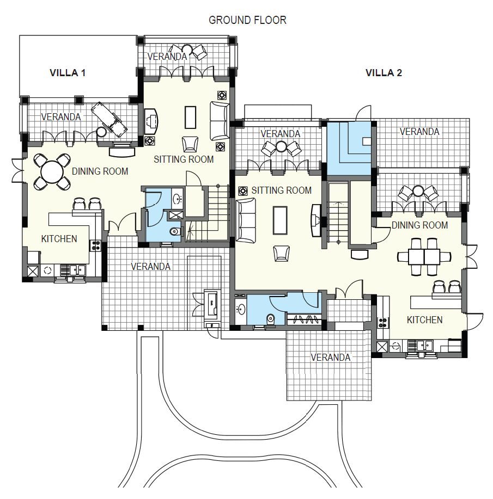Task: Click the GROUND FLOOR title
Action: (x=247, y=20)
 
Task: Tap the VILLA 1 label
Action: (x=68, y=73)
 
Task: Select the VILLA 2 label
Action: (x=384, y=73)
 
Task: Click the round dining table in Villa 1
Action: (x=52, y=172)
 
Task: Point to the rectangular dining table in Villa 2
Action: (x=424, y=256)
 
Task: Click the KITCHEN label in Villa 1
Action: (x=59, y=239)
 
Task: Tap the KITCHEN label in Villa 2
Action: (x=424, y=320)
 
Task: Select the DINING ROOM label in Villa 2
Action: (x=419, y=225)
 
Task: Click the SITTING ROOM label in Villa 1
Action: (x=184, y=159)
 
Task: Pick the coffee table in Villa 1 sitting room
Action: (x=190, y=117)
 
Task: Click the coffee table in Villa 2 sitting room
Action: (x=280, y=220)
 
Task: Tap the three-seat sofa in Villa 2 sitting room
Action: (x=246, y=220)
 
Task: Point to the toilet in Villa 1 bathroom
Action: (x=175, y=231)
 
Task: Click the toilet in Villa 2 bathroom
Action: (x=271, y=318)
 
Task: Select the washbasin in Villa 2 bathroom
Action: (x=241, y=309)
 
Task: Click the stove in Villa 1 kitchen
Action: (x=96, y=245)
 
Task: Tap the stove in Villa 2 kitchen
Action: (x=382, y=323)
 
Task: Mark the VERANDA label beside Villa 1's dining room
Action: (x=60, y=117)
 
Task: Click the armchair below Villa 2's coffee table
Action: (x=282, y=254)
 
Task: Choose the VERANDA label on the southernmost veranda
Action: (x=330, y=358)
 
